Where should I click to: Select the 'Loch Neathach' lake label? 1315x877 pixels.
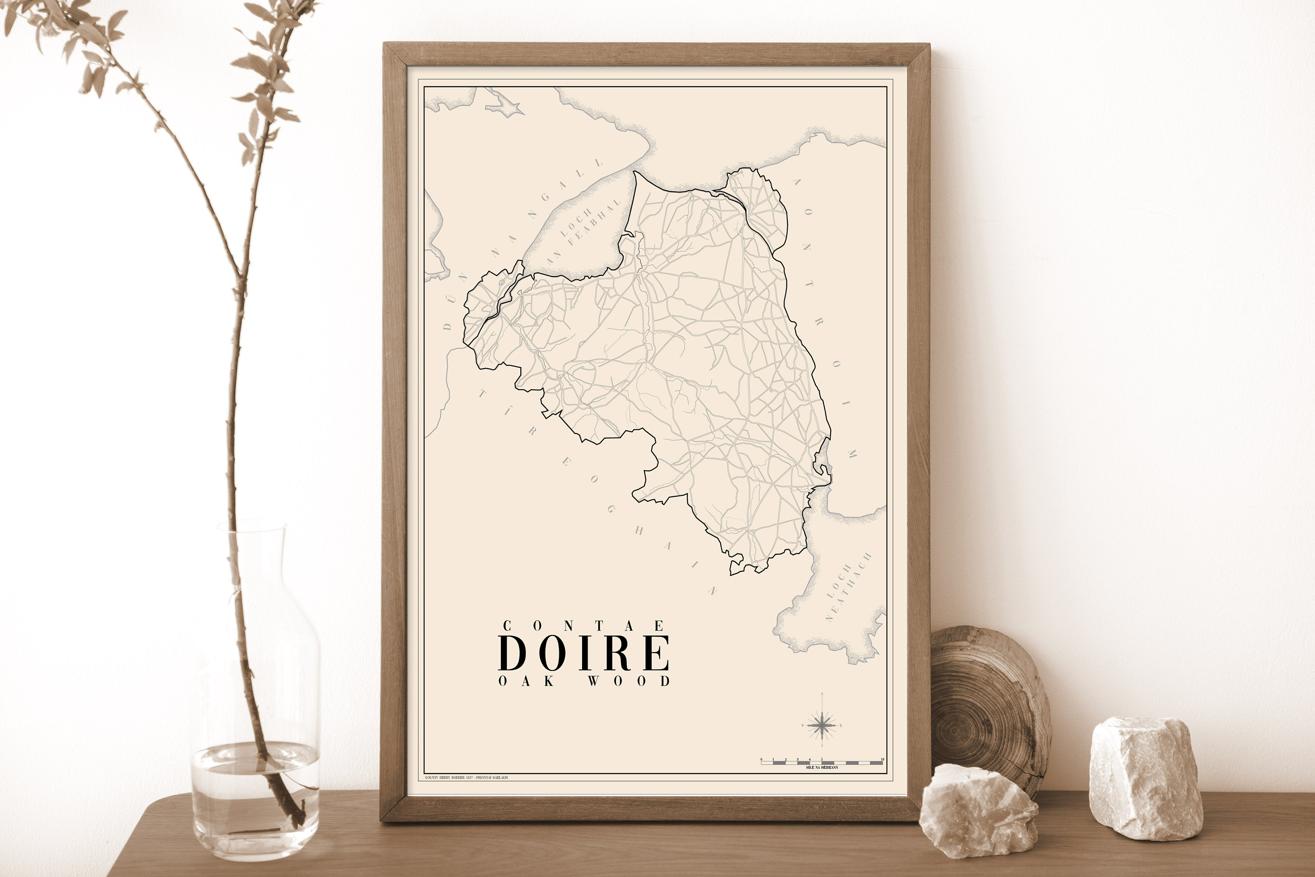point(846,587)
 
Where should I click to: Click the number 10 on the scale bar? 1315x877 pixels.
point(882,759)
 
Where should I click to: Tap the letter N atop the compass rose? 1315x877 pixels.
point(821,695)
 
